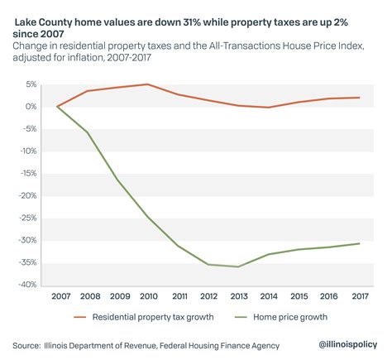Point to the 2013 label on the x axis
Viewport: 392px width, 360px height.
coord(240,295)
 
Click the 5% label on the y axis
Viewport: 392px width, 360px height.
coord(31,84)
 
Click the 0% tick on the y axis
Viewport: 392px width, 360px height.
coord(31,107)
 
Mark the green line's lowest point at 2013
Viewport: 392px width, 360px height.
coord(240,266)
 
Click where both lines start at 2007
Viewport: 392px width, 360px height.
coord(57,107)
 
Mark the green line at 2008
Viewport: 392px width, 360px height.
coord(87,132)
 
